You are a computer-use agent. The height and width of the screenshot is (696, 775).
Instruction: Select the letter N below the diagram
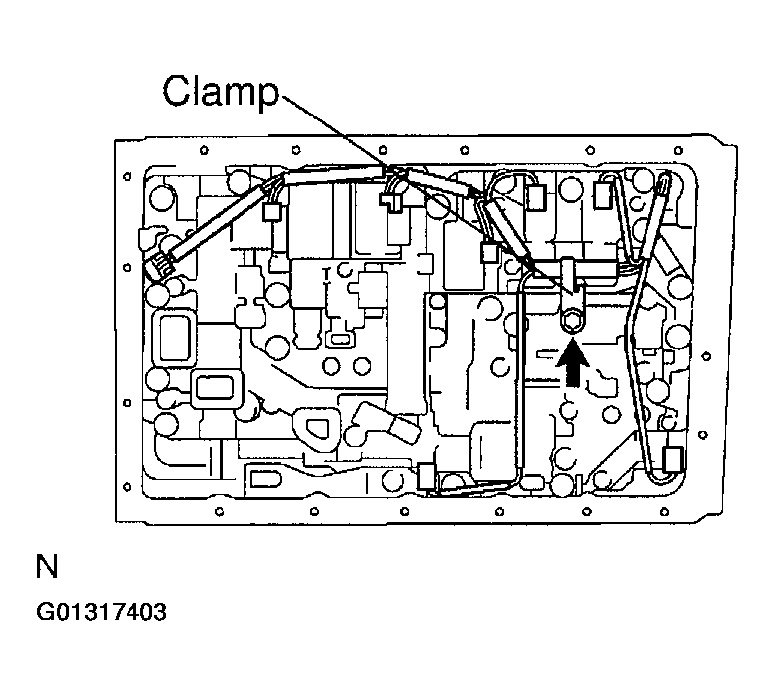(46, 569)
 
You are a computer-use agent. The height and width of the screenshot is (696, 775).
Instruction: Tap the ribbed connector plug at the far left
(160, 266)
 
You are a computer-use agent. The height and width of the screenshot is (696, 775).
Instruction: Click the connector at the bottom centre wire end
(426, 475)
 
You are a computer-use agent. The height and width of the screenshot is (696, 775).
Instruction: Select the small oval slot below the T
(339, 339)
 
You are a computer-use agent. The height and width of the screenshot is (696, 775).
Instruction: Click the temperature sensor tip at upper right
(664, 182)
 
